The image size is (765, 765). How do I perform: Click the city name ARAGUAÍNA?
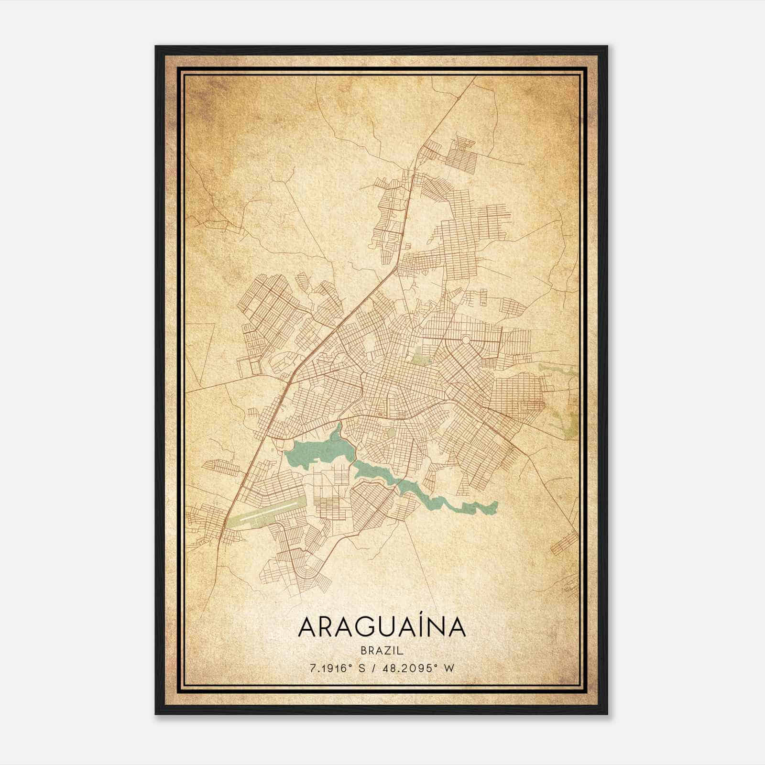tap(382, 627)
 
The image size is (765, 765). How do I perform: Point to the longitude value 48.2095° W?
tap(418, 668)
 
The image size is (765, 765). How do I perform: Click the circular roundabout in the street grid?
tap(465, 340)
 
